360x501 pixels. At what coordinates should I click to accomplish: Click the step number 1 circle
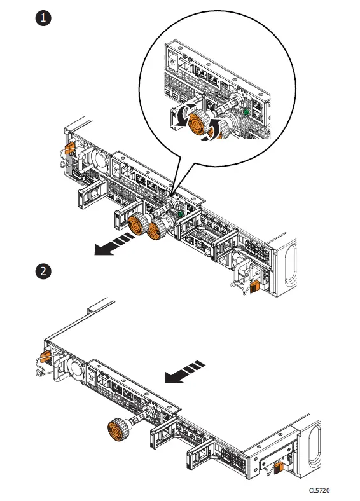43,18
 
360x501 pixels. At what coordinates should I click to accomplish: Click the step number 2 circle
43,271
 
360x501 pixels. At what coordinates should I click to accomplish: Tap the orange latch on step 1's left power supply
69,148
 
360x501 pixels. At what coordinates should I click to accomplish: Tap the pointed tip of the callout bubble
174,191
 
